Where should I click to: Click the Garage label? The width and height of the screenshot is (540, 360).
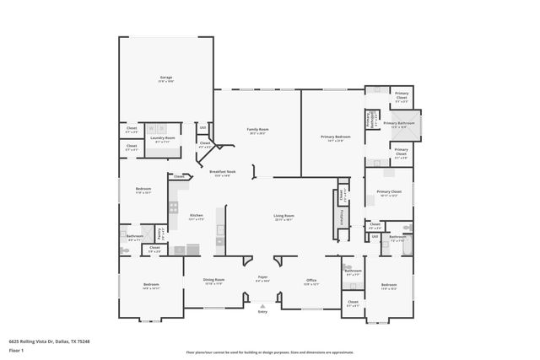tap(166, 78)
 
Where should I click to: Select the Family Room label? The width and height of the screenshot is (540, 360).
tap(256, 130)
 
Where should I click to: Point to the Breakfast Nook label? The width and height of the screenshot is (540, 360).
tap(223, 173)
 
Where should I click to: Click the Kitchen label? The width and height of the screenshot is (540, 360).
tap(196, 217)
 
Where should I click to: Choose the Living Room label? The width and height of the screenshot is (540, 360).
tap(283, 217)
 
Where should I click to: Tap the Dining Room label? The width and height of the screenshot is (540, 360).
tap(213, 282)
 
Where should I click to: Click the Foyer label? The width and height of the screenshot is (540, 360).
tap(262, 278)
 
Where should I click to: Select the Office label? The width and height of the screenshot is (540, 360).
tap(310, 282)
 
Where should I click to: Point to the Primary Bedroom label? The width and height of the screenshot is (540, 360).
tap(335, 137)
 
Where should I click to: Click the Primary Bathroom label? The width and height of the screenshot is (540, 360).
tap(401, 125)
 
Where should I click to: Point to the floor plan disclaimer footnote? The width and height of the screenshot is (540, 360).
tap(270, 352)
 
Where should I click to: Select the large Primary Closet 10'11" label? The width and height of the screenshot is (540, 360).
tap(388, 193)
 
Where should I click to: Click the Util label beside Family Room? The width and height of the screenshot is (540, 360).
tap(203, 127)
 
